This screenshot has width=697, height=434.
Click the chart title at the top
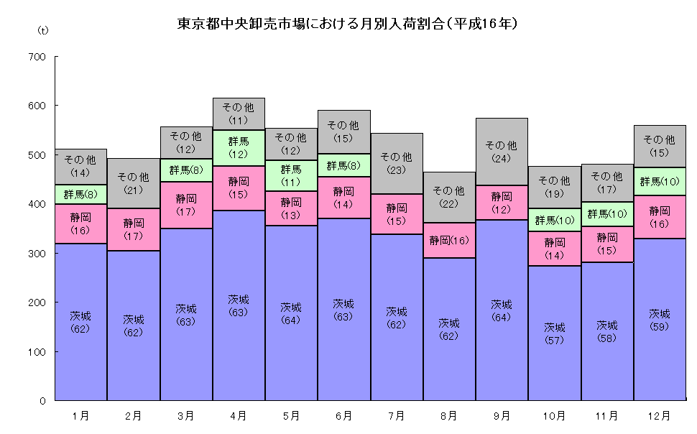pyautogui.click(x=348, y=24)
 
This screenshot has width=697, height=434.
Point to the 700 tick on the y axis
pyautogui.click(x=36, y=57)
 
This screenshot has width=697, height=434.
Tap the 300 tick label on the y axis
pyautogui.click(x=36, y=254)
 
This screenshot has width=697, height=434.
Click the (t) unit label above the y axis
pyautogui.click(x=42, y=31)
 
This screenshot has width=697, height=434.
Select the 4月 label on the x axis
pyautogui.click(x=239, y=415)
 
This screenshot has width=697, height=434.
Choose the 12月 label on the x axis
pyautogui.click(x=659, y=415)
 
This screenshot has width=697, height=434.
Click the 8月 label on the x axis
pyautogui.click(x=449, y=415)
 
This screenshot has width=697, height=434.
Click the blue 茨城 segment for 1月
pyautogui.click(x=80, y=322)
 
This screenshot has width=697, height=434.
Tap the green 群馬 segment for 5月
pyautogui.click(x=291, y=175)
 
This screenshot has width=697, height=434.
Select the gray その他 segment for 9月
pyautogui.click(x=502, y=152)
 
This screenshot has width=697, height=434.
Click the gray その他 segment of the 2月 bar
pyautogui.click(x=133, y=183)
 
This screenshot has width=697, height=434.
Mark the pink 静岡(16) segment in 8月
pyautogui.click(x=449, y=240)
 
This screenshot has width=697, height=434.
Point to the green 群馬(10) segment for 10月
pyautogui.click(x=554, y=220)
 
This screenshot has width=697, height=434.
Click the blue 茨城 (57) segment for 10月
pyautogui.click(x=554, y=333)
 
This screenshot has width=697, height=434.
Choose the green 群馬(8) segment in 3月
pyautogui.click(x=186, y=170)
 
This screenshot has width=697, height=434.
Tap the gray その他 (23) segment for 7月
pyautogui.click(x=397, y=163)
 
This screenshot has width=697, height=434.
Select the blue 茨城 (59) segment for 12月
pyautogui.click(x=659, y=320)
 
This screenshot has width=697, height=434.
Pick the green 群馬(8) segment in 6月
pyautogui.click(x=343, y=165)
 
